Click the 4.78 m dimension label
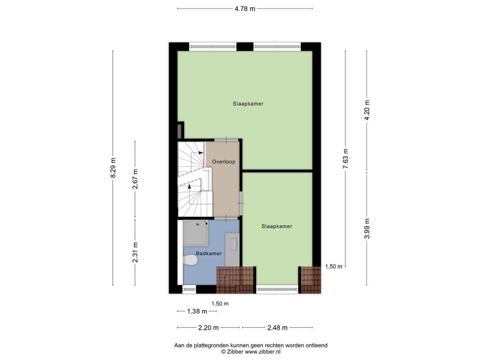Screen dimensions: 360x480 [245, 9]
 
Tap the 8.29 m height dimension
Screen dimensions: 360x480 [113, 167]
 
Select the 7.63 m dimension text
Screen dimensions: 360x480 [345, 158]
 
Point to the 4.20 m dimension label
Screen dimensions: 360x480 [367, 110]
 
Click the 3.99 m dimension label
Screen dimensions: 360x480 [367, 229]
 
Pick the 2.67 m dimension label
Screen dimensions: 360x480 [135, 179]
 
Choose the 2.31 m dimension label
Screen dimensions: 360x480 [135, 252]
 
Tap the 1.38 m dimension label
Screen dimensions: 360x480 [197, 311]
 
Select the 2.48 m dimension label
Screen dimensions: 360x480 [277, 328]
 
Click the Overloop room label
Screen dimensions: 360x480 [224, 162]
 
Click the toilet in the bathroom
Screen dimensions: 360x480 [191, 260]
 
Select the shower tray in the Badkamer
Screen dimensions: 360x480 [196, 234]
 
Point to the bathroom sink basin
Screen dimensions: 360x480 [233, 244]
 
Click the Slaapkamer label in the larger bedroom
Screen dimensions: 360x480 [248, 103]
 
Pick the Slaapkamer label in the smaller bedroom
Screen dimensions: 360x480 [277, 226]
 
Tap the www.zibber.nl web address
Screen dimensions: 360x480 [263, 352]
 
